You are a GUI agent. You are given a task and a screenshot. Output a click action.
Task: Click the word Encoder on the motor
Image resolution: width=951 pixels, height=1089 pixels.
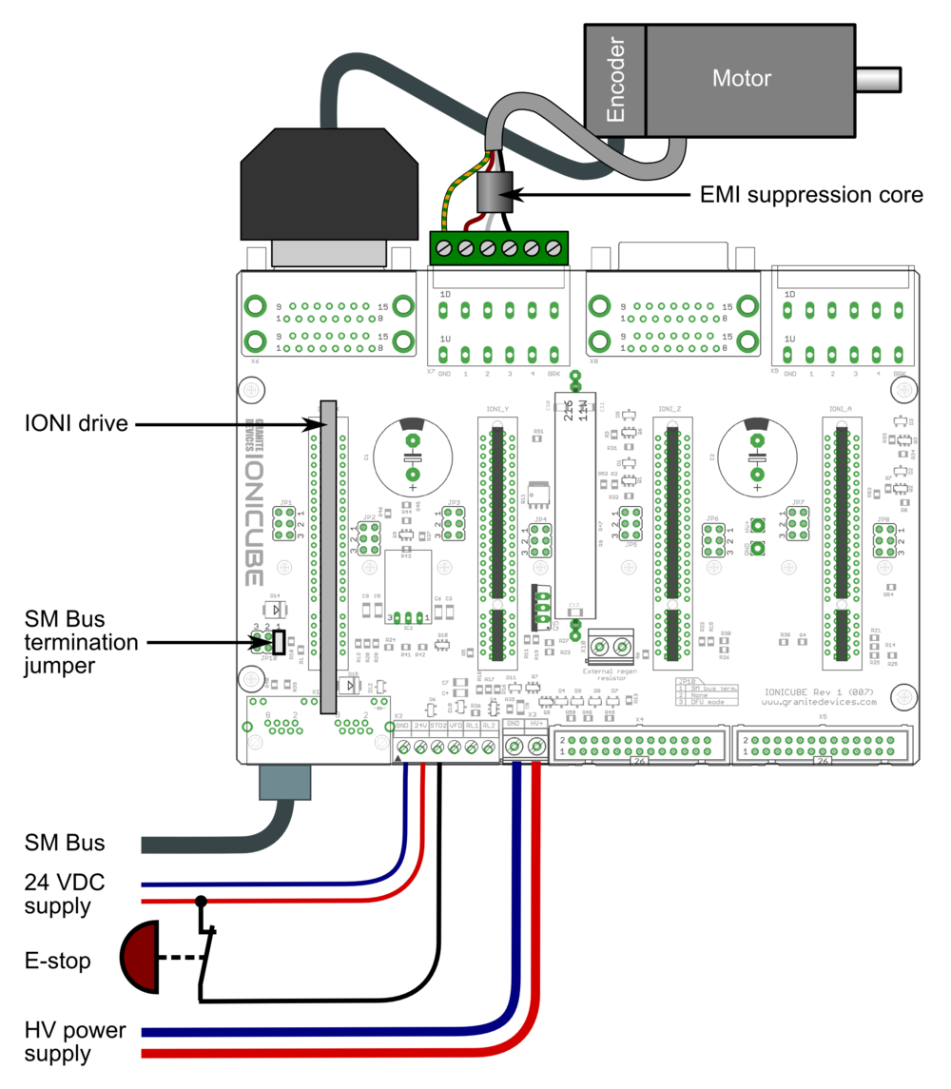point(615,80)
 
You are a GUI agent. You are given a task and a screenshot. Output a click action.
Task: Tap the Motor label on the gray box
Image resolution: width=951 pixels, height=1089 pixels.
point(741,79)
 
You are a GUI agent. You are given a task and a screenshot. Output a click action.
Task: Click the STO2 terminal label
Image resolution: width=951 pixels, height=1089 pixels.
point(437,726)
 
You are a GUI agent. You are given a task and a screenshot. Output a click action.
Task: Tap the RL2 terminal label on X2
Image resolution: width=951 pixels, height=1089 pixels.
point(489,726)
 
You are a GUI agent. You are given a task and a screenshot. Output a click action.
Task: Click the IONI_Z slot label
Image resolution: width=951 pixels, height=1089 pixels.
point(670,409)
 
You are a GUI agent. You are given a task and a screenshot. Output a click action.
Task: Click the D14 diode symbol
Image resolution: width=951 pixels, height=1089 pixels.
point(274,609)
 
